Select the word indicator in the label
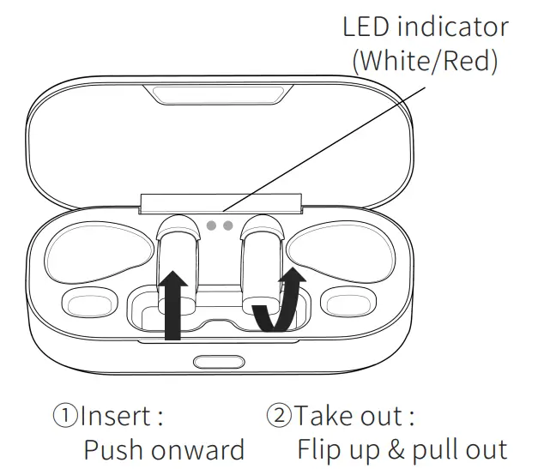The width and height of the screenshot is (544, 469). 456,27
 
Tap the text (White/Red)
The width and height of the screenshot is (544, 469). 426,62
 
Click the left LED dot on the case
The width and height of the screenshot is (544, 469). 212,226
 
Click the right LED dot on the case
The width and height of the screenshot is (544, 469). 227,226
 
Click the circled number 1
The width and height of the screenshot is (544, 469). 66,418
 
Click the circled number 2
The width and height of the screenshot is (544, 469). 280,418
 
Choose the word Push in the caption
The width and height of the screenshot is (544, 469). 113,450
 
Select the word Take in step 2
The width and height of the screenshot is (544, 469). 325,418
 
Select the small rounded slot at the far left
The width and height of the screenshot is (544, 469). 84,304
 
